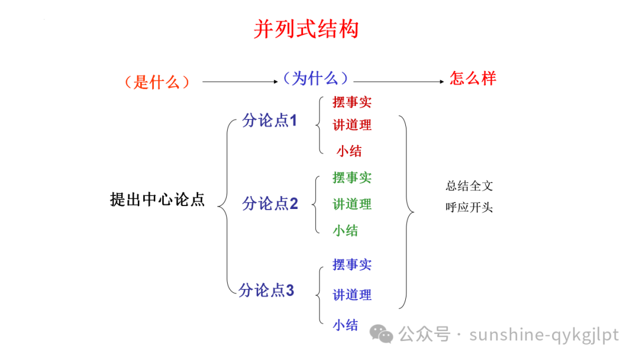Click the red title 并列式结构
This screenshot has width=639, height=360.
[306, 29]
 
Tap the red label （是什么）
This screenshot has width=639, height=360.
[157, 82]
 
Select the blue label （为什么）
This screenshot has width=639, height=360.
[315, 78]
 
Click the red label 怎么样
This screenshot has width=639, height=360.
[473, 78]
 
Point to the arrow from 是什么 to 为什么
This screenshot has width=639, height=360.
[240, 82]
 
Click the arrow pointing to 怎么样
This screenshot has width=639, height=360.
[399, 82]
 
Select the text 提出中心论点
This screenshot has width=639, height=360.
[157, 200]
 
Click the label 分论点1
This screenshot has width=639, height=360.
[270, 120]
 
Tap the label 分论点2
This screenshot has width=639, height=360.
[270, 204]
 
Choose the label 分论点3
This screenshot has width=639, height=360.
[266, 290]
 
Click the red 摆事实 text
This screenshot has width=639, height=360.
[352, 102]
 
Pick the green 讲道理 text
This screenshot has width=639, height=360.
[352, 204]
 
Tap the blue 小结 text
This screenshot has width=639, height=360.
[345, 324]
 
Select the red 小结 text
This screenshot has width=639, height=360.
[349, 151]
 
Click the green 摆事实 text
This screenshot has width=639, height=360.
[352, 177]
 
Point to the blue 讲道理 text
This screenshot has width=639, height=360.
[352, 294]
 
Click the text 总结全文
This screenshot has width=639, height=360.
[469, 186]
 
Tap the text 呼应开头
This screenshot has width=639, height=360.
[469, 208]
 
